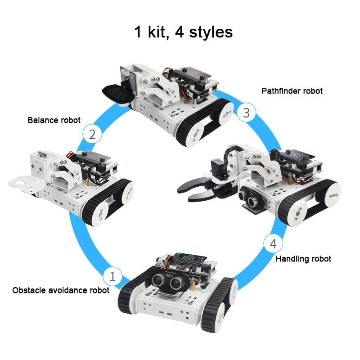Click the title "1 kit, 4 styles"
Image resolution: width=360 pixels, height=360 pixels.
click(183, 32)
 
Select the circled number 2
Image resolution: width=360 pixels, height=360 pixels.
click(92, 134)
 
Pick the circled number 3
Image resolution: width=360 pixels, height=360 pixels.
click(246, 112)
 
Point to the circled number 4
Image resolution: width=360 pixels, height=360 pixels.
click(273, 244)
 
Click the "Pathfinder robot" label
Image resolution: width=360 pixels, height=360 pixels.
click(292, 91)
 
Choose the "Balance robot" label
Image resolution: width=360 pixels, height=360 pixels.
click(54, 120)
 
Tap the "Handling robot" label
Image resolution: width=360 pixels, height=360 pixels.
click(303, 259)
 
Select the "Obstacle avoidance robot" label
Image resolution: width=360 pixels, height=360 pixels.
click(61, 290)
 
